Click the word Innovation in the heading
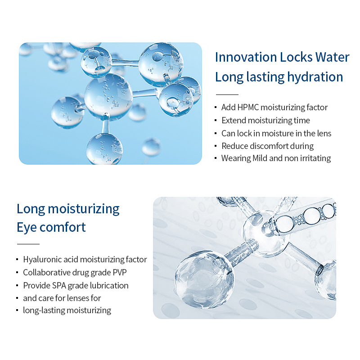[246, 57]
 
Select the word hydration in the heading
[315, 77]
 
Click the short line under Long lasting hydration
[227, 94]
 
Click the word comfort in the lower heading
[63, 227]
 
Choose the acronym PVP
[119, 273]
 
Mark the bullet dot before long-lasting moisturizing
[17, 310]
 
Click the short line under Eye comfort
[28, 244]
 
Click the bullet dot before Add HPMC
[216, 107]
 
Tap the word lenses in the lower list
[77, 298]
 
